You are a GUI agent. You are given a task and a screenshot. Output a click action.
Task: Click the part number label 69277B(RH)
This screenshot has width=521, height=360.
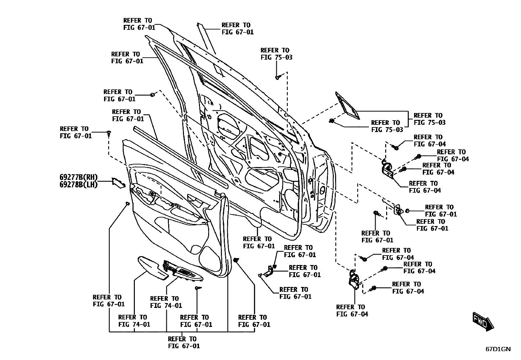point(79,177)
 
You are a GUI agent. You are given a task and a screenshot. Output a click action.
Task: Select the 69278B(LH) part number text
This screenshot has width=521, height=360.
point(79,185)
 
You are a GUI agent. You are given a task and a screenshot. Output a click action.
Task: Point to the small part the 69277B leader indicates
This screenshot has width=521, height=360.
point(118,182)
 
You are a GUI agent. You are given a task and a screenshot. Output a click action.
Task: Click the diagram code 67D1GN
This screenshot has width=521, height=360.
point(498,349)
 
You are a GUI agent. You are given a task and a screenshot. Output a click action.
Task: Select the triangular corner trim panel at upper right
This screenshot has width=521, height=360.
point(347,105)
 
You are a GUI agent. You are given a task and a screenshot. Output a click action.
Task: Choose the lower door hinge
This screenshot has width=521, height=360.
point(354,279)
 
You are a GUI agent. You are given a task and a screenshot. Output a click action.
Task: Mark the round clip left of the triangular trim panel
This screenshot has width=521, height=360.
point(332,121)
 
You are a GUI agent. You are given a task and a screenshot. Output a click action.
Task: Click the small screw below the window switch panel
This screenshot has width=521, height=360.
point(198,288)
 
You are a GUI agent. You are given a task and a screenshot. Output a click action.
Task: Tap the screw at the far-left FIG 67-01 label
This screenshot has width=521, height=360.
point(109,133)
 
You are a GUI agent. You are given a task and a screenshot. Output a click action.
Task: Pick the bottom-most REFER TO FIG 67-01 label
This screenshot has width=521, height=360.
point(184,342)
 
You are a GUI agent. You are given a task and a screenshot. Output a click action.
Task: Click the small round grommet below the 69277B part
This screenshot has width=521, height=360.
point(127,204)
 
